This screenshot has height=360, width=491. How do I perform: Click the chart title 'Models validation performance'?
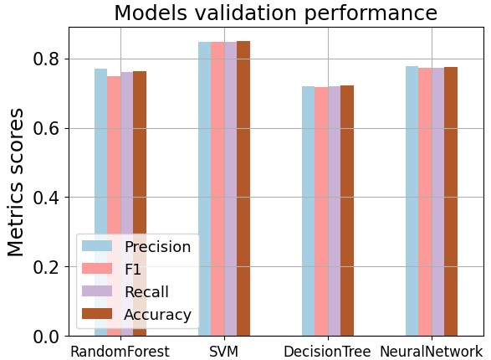275,13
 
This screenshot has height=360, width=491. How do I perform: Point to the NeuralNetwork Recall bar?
437,202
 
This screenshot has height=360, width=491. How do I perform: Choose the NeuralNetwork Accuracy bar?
451,201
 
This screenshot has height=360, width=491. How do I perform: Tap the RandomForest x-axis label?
120,352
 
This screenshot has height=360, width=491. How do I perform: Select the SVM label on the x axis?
223,352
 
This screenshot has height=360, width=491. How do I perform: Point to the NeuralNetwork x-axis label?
431,352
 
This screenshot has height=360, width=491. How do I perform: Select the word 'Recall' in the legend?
146,292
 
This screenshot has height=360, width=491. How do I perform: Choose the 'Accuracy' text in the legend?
157,315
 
